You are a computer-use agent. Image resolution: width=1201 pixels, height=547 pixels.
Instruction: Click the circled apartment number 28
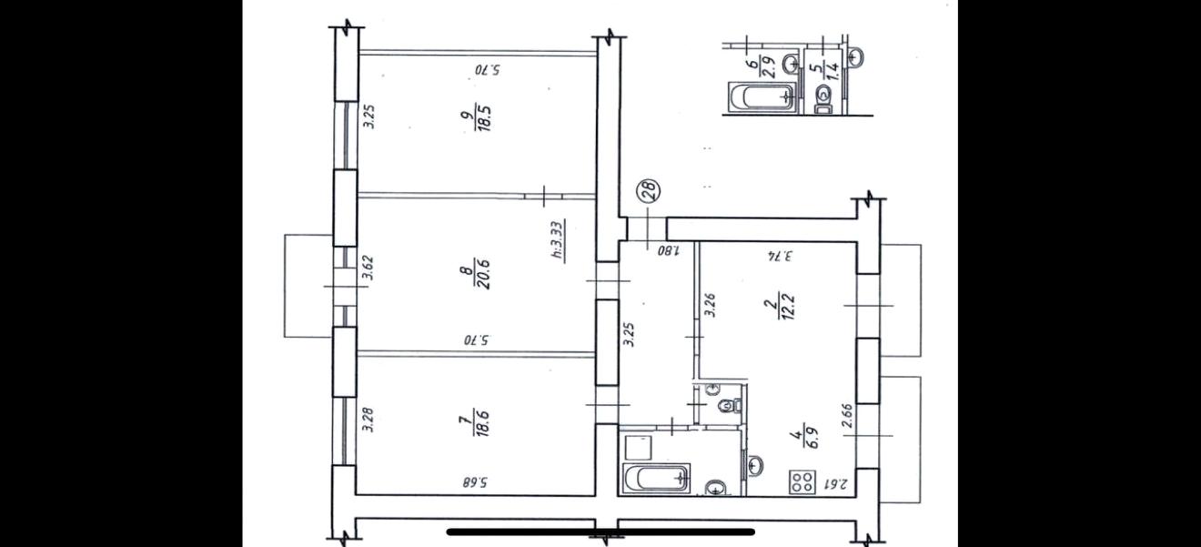pos(648,191)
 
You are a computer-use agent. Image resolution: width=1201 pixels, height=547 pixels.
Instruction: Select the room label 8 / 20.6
pos(482,274)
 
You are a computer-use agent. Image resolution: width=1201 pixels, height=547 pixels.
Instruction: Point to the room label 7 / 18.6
pos(481,422)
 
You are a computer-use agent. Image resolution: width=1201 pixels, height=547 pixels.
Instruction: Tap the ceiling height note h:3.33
pos(558,239)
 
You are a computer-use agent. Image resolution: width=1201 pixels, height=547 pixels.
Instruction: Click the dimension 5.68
pos(475,483)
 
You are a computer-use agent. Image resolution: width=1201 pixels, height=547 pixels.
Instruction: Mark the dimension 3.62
pos(368,268)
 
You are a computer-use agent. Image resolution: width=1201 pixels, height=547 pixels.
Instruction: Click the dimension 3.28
pos(368,420)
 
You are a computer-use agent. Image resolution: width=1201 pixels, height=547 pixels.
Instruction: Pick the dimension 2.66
pos(847,416)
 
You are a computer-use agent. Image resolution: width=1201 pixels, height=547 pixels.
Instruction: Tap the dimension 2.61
pos(835,484)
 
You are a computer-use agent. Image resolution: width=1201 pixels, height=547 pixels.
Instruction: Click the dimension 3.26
pos(711,305)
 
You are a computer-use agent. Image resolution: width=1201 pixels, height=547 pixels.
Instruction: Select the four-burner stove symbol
pos(802,481)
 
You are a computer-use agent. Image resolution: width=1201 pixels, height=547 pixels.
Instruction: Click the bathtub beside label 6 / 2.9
pos(761,97)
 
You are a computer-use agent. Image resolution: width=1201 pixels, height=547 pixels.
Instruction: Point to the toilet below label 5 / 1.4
pos(823,100)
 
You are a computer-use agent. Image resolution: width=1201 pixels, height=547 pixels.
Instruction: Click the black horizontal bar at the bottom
pos(601,532)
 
